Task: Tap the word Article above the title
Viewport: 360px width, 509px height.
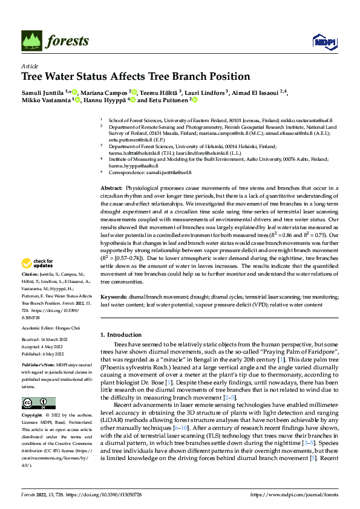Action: [x=30, y=66]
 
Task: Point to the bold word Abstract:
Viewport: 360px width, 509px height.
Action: [x=111, y=189]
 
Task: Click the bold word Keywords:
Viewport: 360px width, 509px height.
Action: [x=113, y=297]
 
